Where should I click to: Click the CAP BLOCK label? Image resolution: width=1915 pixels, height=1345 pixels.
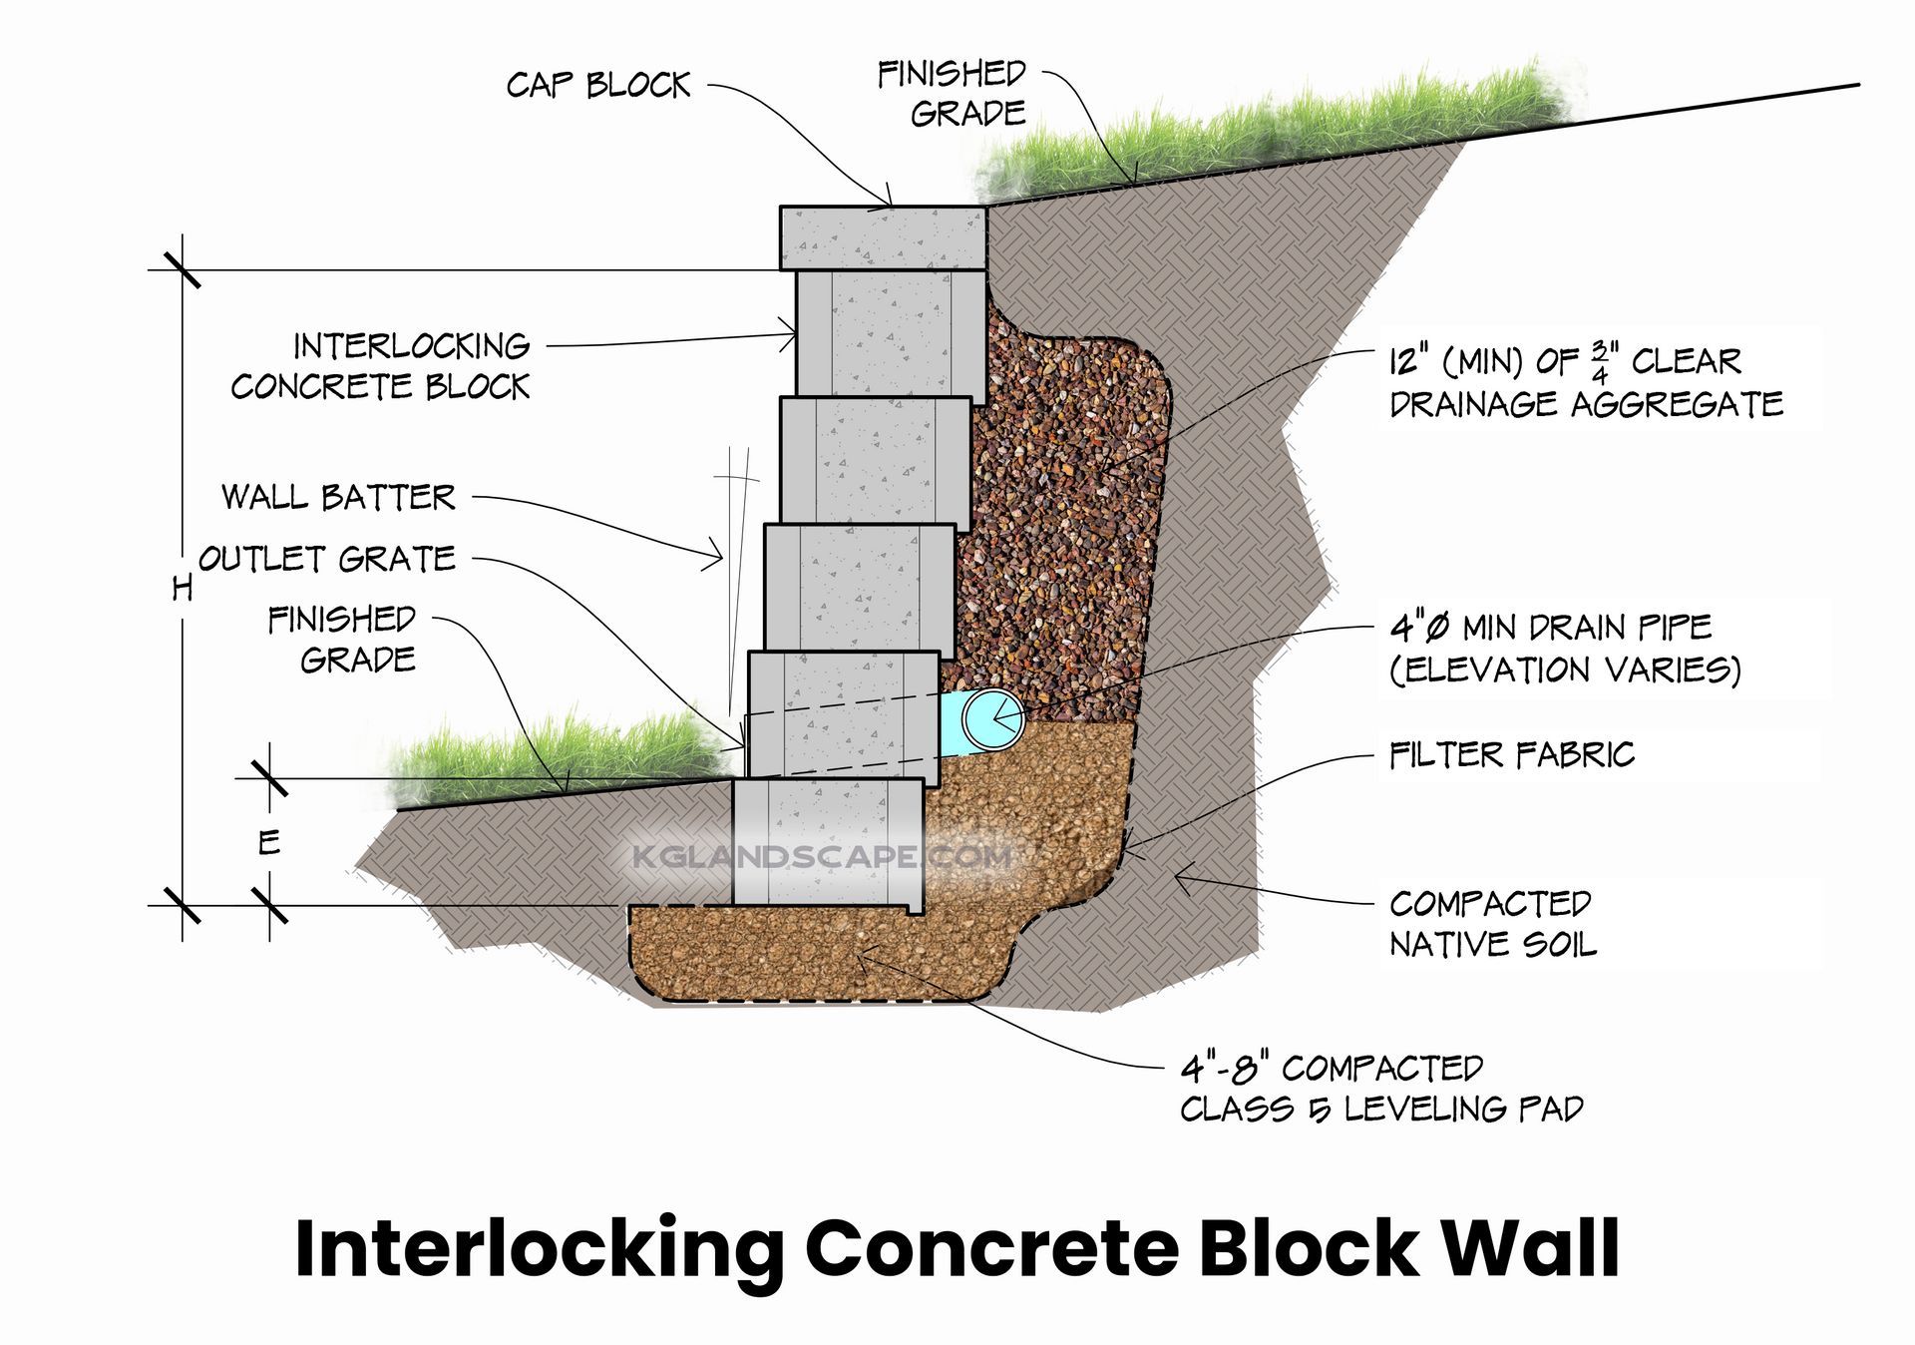pyautogui.click(x=597, y=86)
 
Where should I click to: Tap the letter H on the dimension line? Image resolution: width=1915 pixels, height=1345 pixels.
pyautogui.click(x=182, y=589)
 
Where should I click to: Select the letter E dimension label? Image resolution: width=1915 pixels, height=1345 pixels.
pyautogui.click(x=269, y=843)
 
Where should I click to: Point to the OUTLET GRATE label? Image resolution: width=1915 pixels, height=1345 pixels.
pyautogui.click(x=327, y=559)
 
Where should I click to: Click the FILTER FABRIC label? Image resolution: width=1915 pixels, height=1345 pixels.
pyautogui.click(x=1511, y=755)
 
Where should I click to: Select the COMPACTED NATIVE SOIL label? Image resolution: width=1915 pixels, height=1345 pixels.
pyautogui.click(x=1491, y=924)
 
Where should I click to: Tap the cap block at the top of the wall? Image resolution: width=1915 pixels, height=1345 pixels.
pyautogui.click(x=883, y=237)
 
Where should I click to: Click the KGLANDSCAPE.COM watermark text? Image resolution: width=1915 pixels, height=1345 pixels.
pyautogui.click(x=823, y=856)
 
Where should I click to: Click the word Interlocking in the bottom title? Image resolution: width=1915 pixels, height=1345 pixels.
pyautogui.click(x=540, y=1249)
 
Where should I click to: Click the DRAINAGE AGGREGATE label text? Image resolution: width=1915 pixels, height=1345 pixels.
pyautogui.click(x=1586, y=404)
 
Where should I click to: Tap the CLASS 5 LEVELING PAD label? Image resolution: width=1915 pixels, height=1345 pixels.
pyautogui.click(x=1381, y=1089)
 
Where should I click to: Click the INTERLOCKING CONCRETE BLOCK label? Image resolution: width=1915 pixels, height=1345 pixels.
pyautogui.click(x=381, y=366)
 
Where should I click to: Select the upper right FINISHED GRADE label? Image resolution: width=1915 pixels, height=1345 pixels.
pyautogui.click(x=952, y=93)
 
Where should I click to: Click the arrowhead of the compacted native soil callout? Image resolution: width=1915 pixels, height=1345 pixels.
pyautogui.click(x=1180, y=877)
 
